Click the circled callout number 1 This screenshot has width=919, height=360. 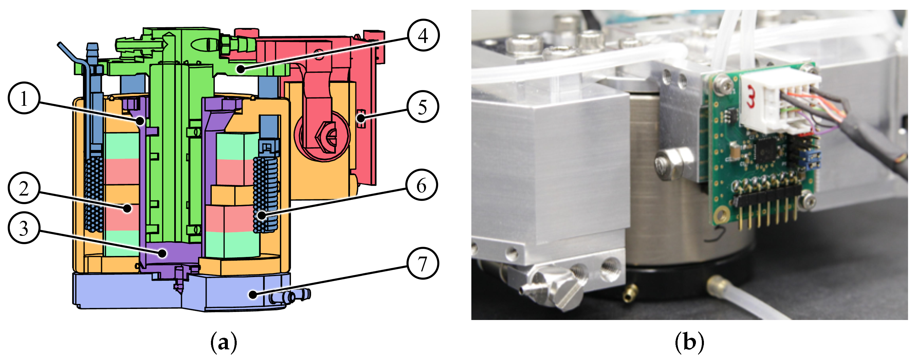(x=23, y=98)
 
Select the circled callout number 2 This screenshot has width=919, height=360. (x=23, y=188)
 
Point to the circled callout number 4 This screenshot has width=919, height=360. (x=423, y=35)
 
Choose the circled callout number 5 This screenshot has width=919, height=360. (x=422, y=107)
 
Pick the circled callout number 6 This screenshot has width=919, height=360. (x=422, y=185)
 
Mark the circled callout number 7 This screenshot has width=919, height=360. (x=423, y=263)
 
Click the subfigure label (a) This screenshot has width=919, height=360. (x=224, y=343)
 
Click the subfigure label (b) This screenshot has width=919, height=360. (x=689, y=343)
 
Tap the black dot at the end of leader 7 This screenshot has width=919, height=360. (x=253, y=294)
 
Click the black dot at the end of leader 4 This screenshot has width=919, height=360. (x=241, y=68)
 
